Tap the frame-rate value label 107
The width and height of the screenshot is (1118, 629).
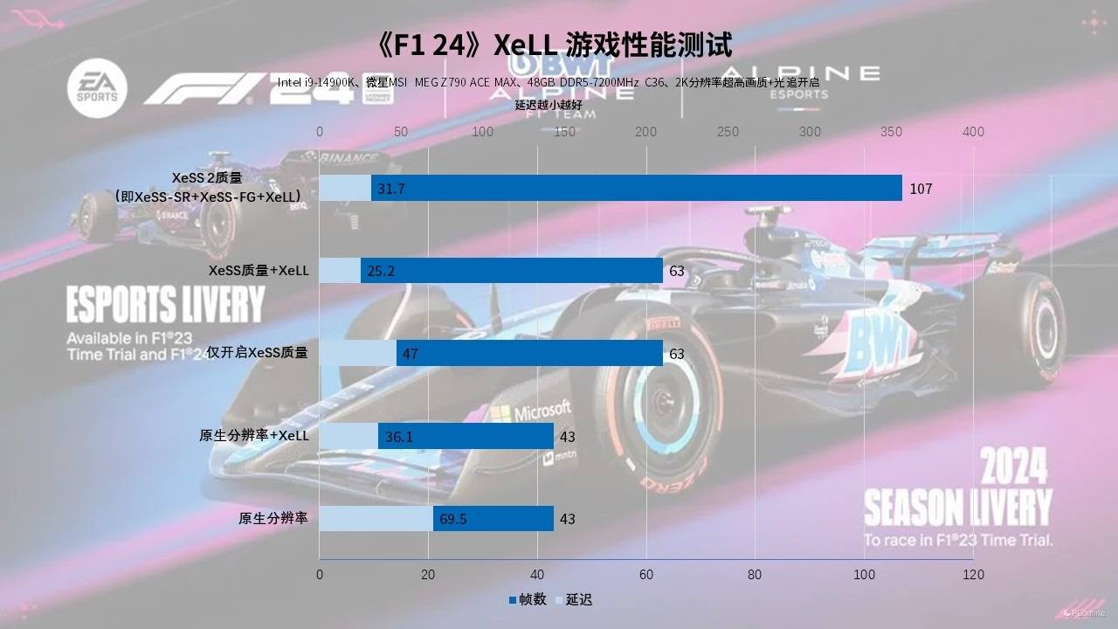coord(921,189)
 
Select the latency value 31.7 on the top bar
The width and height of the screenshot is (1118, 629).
coord(390,189)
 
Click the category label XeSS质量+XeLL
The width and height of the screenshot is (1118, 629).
coord(259,271)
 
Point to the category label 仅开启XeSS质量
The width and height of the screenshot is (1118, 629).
coord(257,353)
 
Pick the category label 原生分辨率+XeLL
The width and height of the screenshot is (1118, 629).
coord(254,435)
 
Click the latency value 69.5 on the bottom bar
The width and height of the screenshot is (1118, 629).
coord(452,519)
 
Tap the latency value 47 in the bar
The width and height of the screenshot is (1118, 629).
coord(410,354)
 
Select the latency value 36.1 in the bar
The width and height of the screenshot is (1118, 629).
coord(398,437)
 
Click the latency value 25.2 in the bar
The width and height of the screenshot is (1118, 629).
coord(381,272)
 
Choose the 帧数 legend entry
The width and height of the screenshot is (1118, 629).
coord(528,599)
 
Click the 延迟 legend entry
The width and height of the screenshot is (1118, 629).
coord(574,599)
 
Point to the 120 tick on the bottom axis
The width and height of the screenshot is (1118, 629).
coord(972,575)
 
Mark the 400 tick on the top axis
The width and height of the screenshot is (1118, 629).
coord(972,132)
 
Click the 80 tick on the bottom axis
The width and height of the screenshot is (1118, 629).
coord(755,575)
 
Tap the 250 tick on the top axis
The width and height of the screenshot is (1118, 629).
coord(728,132)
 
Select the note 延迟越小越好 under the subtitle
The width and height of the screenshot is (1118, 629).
coord(548,105)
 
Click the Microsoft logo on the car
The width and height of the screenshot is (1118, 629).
coord(530,411)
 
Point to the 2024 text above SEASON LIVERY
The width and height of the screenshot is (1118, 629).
coord(1014,468)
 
